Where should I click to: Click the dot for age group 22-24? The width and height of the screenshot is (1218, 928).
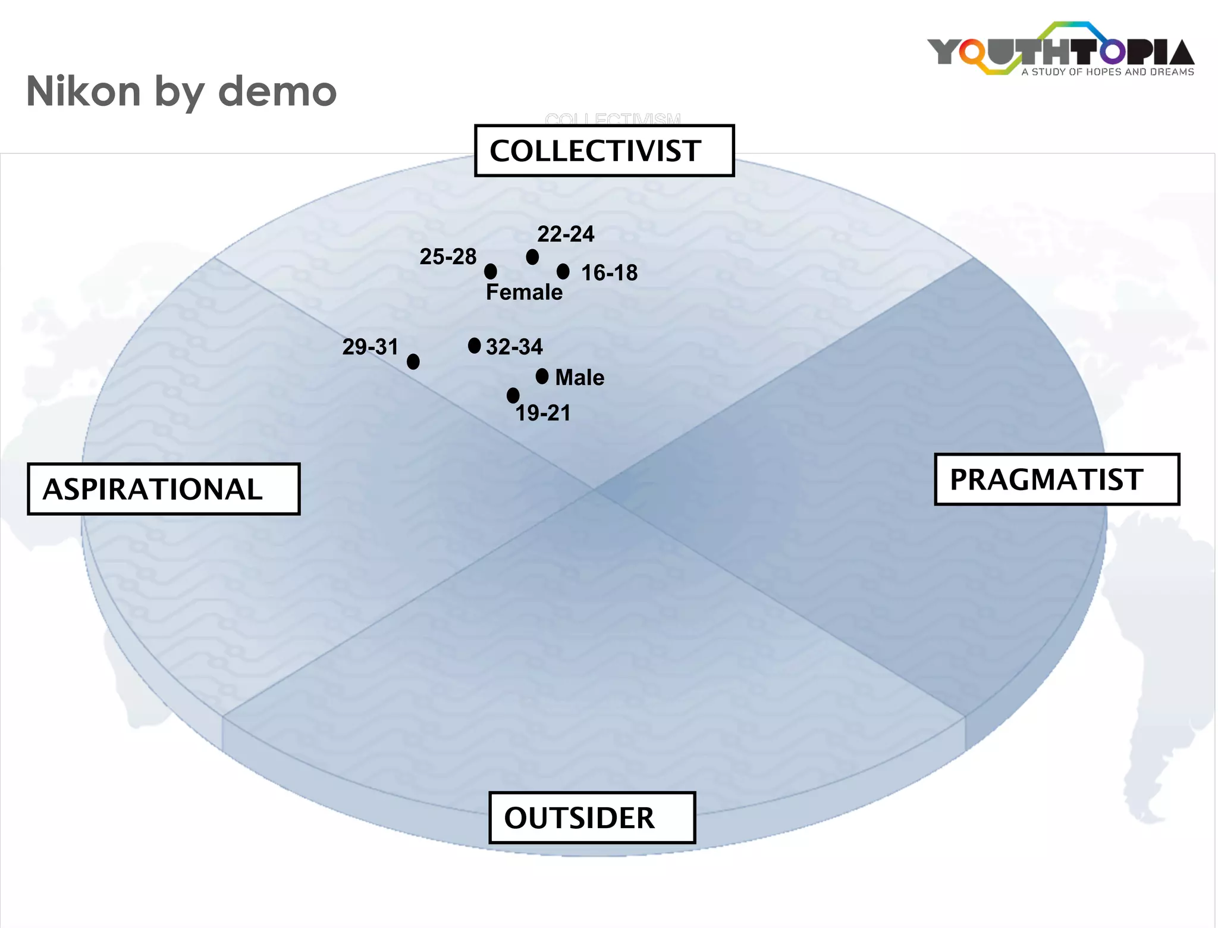coord(532,257)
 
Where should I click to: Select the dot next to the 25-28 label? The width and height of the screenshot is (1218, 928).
coord(491,272)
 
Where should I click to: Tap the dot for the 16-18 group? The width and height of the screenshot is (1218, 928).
coord(563,272)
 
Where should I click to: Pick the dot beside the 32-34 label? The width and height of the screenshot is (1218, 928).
coord(474,346)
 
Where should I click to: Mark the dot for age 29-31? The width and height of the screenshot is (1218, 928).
coord(413,362)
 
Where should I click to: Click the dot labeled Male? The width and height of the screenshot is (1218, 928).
coord(542,377)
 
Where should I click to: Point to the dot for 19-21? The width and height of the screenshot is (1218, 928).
coord(513,396)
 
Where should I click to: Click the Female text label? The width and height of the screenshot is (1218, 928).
coord(524,293)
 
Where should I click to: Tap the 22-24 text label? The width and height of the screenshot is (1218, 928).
coord(566,234)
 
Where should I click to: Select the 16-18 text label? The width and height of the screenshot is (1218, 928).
coord(609,273)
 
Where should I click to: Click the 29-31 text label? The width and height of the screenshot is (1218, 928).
coord(370,347)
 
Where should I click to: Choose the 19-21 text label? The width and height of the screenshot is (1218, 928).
coord(542,413)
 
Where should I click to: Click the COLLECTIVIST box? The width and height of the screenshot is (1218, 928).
coord(604,151)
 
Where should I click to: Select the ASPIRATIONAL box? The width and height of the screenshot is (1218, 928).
coord(164,489)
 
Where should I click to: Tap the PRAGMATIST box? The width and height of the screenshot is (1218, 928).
coord(1056,479)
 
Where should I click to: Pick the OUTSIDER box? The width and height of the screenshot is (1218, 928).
coord(592,818)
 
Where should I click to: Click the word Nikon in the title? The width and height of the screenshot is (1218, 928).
coord(83,92)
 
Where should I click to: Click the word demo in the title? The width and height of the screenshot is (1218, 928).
coord(277,92)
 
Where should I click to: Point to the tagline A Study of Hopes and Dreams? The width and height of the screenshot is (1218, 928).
coord(1107,72)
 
